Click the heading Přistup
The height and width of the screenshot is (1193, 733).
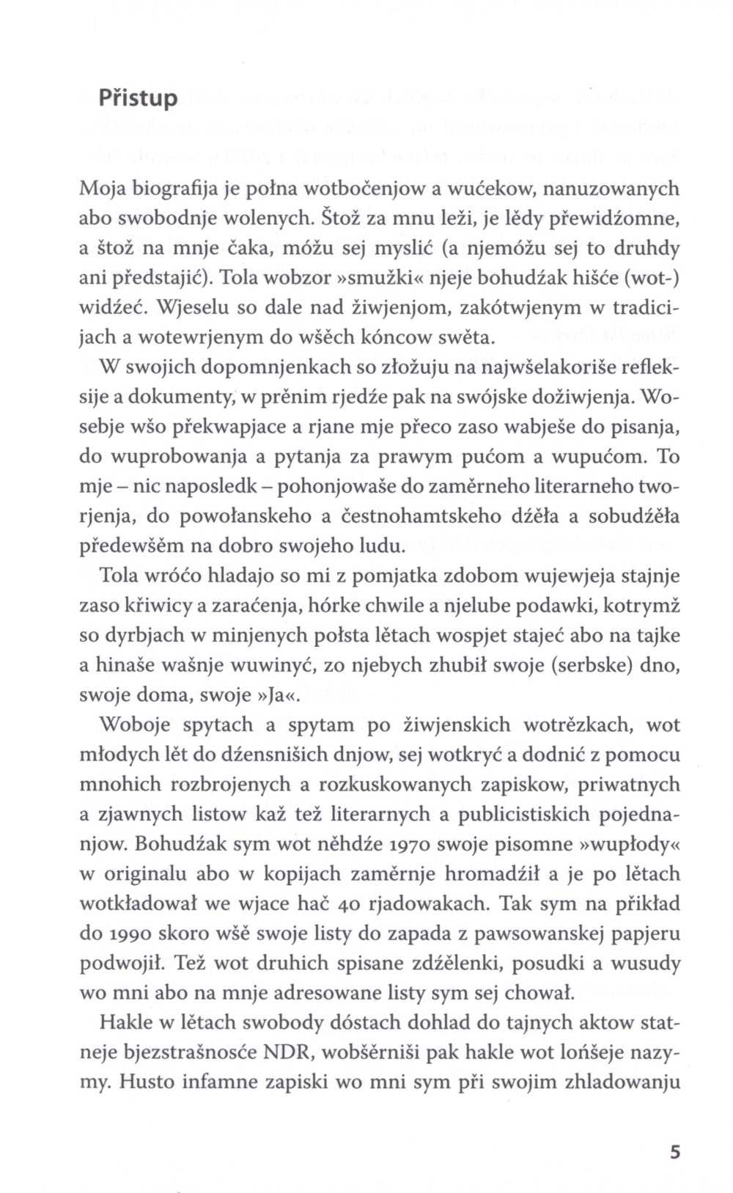(138, 98)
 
